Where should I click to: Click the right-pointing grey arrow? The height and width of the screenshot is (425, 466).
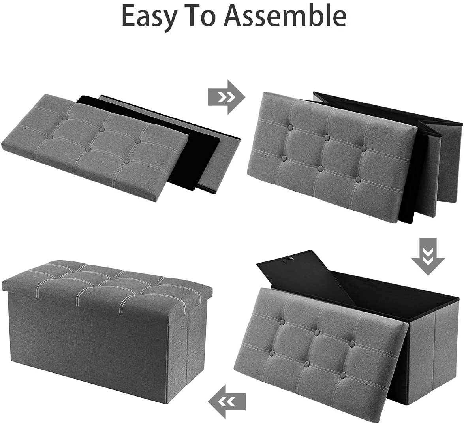click(x=226, y=97)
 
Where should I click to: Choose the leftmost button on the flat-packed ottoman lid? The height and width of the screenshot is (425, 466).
click(x=51, y=137)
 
